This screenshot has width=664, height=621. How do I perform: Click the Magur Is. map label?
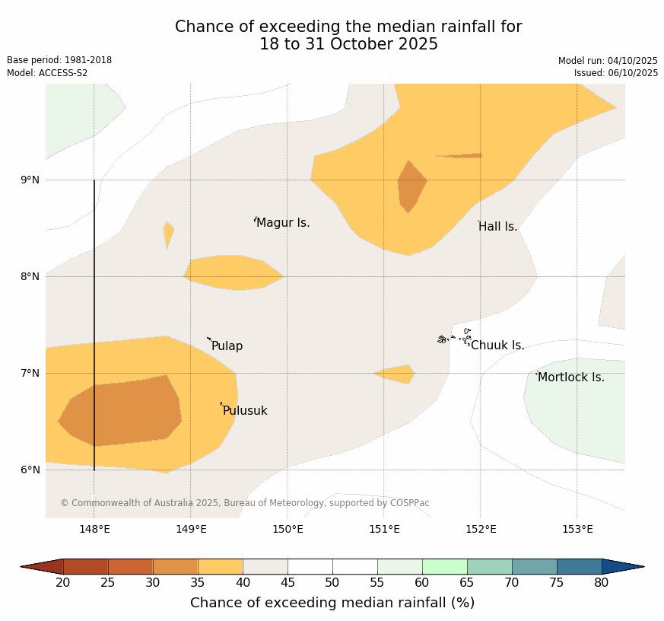(x=283, y=223)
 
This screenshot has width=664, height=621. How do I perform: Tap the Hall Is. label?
(x=498, y=227)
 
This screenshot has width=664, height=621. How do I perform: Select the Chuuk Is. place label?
(x=497, y=346)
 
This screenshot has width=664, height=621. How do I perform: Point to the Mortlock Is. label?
(x=571, y=377)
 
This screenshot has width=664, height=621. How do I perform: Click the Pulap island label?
(x=227, y=346)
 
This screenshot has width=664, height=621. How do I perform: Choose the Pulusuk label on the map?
(x=245, y=411)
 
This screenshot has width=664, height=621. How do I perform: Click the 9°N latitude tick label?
(x=30, y=180)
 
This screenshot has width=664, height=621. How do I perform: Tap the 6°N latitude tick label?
(x=30, y=470)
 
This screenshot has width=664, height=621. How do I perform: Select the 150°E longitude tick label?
(x=288, y=530)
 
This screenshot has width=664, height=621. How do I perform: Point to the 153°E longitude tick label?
(x=577, y=530)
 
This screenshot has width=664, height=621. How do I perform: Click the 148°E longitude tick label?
(x=95, y=530)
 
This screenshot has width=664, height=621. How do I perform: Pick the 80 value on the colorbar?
(x=602, y=583)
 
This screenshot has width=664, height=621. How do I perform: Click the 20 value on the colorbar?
(x=63, y=583)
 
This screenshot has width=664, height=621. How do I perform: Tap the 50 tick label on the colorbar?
(x=332, y=583)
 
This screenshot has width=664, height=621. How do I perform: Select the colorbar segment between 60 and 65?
(x=444, y=566)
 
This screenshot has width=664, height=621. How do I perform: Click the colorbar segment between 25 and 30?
(x=130, y=566)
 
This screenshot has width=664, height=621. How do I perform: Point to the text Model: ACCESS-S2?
(x=47, y=73)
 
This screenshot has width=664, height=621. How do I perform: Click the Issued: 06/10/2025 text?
(x=615, y=73)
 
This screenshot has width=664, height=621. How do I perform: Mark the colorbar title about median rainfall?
(x=332, y=603)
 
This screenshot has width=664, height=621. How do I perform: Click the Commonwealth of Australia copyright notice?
(x=245, y=503)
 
